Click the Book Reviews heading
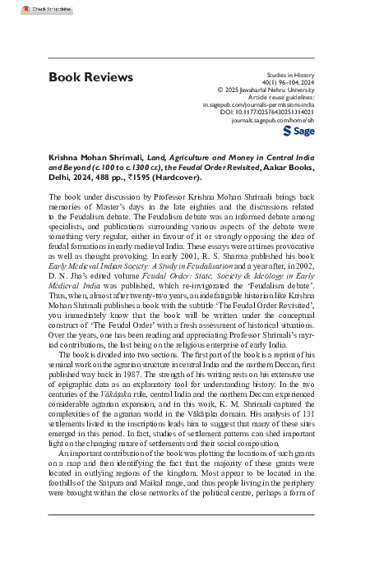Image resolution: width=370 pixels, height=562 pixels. pos(90,77)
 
